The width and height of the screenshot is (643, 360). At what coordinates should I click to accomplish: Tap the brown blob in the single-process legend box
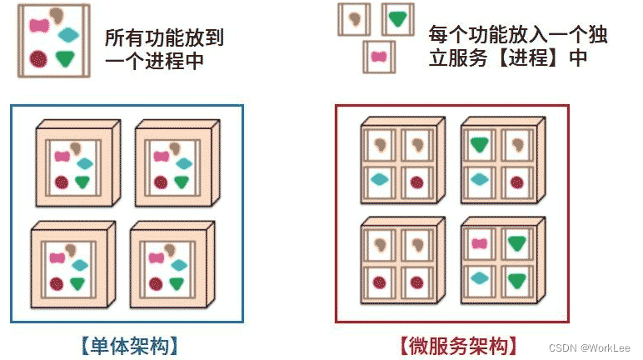pos(57,16)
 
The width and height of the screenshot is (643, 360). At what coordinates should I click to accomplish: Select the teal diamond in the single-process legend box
pos(68,34)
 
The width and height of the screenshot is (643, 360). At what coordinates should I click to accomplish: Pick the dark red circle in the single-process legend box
pos(37,59)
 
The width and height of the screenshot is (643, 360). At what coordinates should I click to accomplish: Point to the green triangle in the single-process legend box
pos(66,58)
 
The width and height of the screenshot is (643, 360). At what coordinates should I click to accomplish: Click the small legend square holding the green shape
pos(399,18)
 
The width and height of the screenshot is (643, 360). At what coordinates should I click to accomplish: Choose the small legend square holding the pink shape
pos(378,57)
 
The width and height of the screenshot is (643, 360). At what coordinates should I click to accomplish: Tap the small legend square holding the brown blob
pos(353,18)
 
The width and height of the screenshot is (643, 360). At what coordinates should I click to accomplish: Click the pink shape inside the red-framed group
pos(480,243)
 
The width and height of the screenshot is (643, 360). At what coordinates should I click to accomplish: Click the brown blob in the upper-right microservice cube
pos(517,144)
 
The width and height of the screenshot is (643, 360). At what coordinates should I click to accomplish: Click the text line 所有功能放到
pos(164,38)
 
